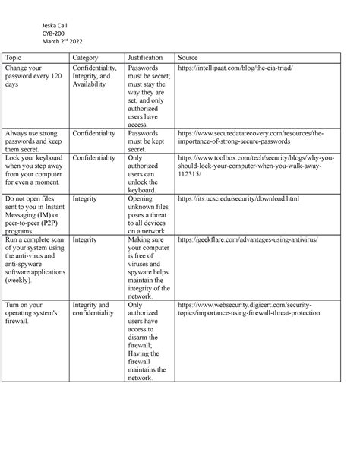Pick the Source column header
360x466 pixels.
click(187, 58)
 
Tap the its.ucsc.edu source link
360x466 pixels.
click(238, 198)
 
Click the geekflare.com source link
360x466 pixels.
click(247, 239)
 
